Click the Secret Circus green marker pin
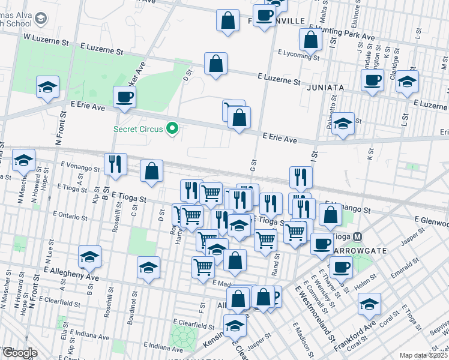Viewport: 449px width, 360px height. pyautogui.click(x=173, y=128)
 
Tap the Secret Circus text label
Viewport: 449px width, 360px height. pyautogui.click(x=140, y=128)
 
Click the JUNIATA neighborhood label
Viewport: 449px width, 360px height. pyautogui.click(x=325, y=88)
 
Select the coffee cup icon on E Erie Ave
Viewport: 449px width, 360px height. pyautogui.click(x=124, y=97)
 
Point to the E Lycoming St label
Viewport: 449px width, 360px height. pyautogui.click(x=298, y=53)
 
